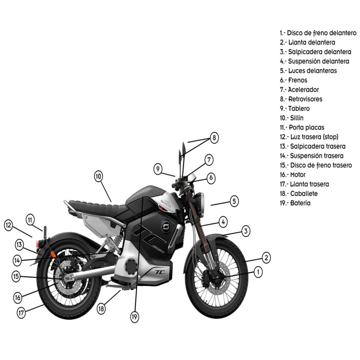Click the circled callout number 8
[213, 138]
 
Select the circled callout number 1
[259, 272]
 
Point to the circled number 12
[9, 225]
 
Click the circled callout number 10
[98, 176]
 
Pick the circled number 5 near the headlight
[234, 201]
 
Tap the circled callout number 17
[22, 313]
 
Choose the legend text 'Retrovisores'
[301, 99]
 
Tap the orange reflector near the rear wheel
[53, 254]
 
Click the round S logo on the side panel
[166, 226]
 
